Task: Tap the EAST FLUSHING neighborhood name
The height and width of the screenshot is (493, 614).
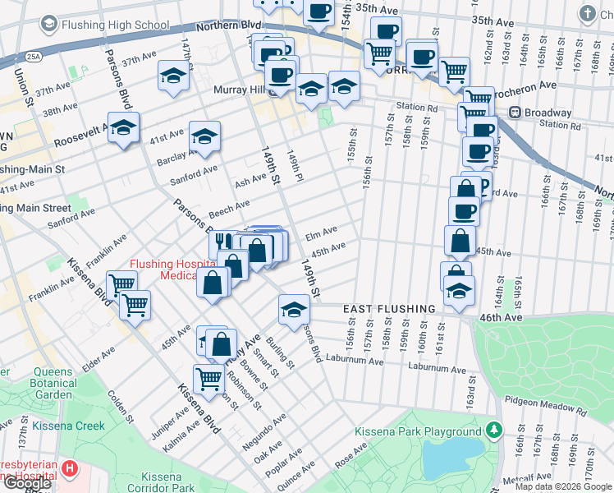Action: point(388,309)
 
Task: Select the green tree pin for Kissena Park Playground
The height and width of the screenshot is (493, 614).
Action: point(494,430)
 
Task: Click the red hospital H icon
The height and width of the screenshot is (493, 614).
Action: point(70,469)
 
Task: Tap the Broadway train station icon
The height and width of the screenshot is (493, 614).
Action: point(515,113)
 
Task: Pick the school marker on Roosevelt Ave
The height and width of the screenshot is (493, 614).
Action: point(123,128)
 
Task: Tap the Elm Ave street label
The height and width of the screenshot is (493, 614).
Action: point(321,234)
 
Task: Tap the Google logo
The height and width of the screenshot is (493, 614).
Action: point(27,483)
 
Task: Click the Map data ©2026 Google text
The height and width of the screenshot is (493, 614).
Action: point(563,487)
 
